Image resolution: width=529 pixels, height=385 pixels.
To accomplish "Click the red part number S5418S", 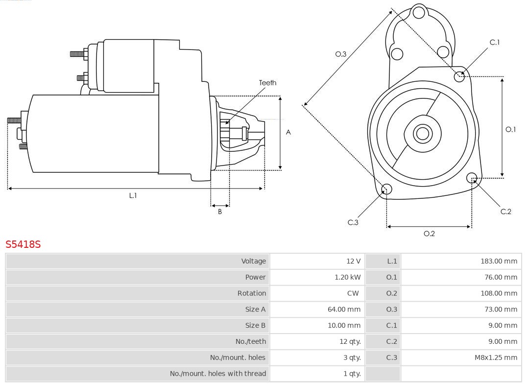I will pyautogui.click(x=23, y=244).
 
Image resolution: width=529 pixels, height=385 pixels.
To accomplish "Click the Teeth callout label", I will pyautogui.click(x=267, y=83).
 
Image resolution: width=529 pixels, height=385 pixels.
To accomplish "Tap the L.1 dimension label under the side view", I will pyautogui.click(x=133, y=195).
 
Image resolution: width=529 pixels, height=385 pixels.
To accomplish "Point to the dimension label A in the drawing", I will pyautogui.click(x=288, y=132).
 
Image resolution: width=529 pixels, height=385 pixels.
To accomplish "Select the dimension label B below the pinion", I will pyautogui.click(x=219, y=212).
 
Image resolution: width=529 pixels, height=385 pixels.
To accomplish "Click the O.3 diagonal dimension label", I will pyautogui.click(x=340, y=54).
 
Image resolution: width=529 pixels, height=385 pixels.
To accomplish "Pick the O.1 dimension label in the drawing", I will pyautogui.click(x=510, y=129).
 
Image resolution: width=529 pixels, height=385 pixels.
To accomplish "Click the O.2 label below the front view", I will pyautogui.click(x=429, y=234).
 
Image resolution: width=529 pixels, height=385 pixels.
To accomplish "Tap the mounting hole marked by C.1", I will pyautogui.click(x=459, y=76).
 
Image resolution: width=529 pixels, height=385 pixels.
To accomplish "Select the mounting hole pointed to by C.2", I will pyautogui.click(x=472, y=177).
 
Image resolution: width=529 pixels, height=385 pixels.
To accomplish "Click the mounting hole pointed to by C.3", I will pyautogui.click(x=386, y=189).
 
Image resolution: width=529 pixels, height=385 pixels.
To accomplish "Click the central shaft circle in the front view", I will pyautogui.click(x=422, y=133).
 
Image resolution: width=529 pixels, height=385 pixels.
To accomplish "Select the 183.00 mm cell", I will pyautogui.click(x=499, y=261).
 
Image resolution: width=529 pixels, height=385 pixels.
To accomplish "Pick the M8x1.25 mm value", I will pyautogui.click(x=496, y=358).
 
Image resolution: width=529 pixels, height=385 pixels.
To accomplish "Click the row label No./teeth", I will pyautogui.click(x=250, y=341).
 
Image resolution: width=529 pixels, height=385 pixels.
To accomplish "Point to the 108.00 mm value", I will pyautogui.click(x=499, y=293).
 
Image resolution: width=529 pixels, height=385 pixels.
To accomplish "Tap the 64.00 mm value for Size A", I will pyautogui.click(x=344, y=310).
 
